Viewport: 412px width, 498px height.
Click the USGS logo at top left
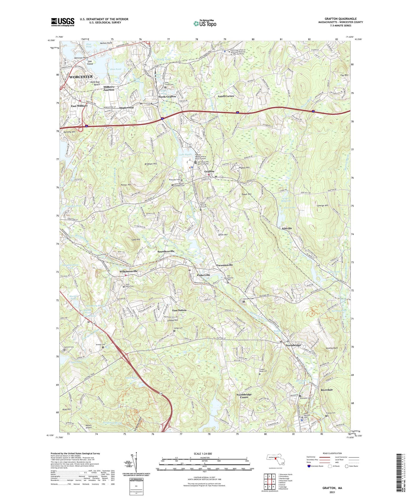click(63, 22)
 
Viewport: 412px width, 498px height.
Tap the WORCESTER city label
click(81, 77)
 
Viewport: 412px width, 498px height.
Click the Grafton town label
click(209, 171)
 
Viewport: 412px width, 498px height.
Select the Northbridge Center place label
click(244, 396)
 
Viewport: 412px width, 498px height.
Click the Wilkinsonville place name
click(128, 271)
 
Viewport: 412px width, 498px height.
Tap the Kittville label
click(287, 228)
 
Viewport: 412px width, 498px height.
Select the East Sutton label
click(179, 310)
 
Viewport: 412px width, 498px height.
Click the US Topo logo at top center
click(205, 23)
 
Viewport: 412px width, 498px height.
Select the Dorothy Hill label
click(69, 132)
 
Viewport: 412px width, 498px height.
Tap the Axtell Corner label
click(226, 96)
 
